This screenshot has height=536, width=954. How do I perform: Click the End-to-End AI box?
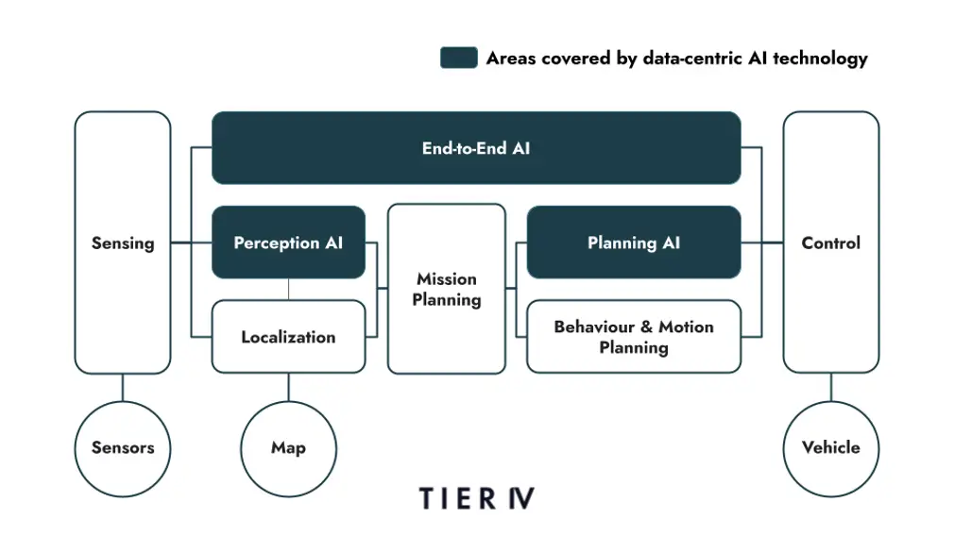point(475,148)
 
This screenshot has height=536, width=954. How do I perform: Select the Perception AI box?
point(288,243)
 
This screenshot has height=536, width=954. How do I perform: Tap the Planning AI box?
point(633,243)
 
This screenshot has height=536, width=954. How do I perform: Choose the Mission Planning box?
point(447,289)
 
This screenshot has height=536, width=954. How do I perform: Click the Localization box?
point(288,337)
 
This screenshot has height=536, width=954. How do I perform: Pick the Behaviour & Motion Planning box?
point(633,337)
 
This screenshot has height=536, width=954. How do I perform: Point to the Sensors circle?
point(123,447)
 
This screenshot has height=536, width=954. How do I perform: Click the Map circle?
point(288,447)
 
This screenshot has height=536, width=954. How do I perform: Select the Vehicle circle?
point(831,447)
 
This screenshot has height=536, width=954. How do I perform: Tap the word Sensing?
point(123,243)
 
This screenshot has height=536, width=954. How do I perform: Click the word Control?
point(831,243)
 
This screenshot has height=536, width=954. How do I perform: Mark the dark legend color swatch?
point(458,58)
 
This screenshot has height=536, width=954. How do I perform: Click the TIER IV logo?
point(476,498)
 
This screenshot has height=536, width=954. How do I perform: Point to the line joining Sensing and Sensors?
point(123,387)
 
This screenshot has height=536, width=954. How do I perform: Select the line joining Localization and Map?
point(288,387)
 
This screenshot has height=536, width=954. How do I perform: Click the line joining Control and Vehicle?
point(831,387)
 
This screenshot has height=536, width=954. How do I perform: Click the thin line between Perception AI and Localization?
point(288,289)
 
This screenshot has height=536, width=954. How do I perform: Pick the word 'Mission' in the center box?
point(447,279)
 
